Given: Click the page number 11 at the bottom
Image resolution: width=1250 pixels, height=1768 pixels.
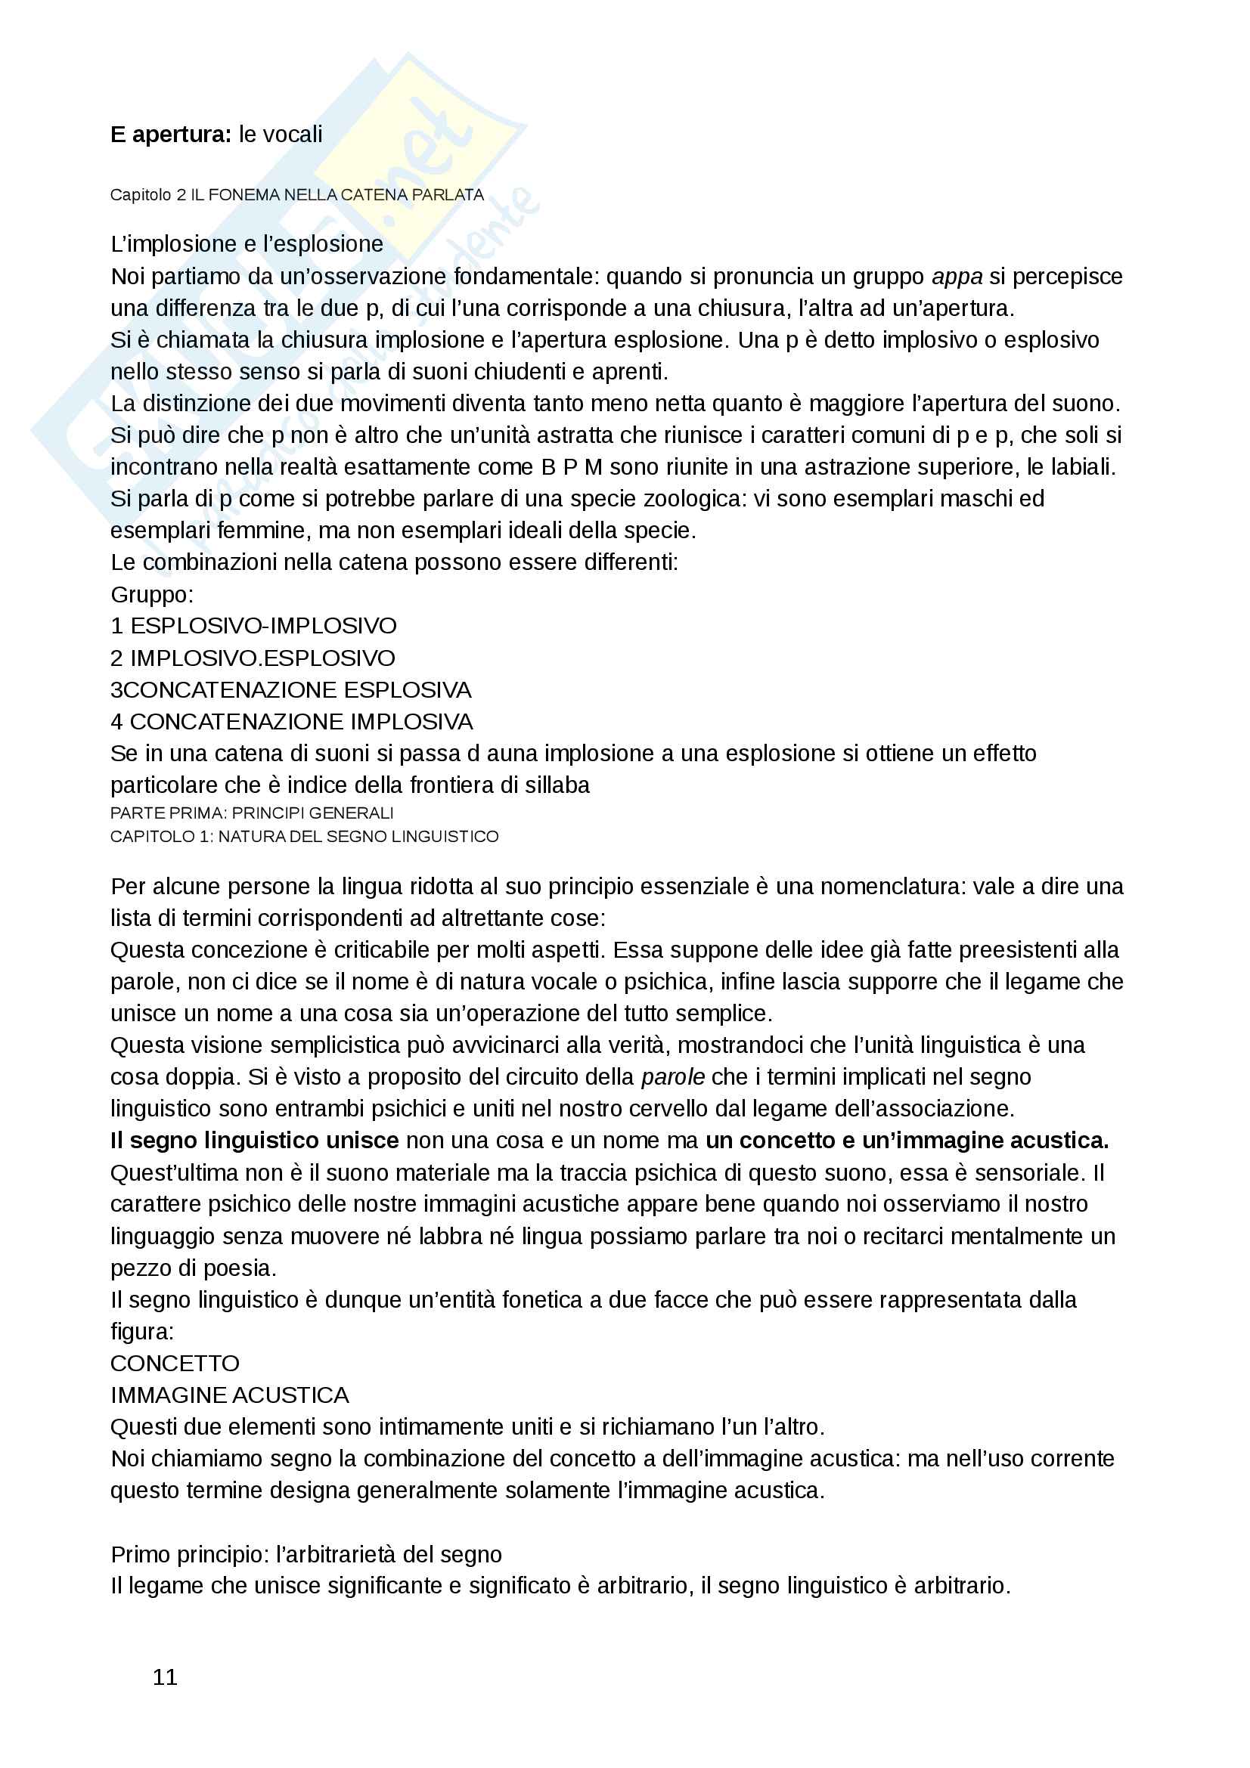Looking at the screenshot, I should [165, 1677].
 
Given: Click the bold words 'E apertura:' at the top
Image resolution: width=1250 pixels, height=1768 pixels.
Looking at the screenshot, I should [170, 135].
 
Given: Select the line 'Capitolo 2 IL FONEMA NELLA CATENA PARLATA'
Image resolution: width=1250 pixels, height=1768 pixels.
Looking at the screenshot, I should [296, 195].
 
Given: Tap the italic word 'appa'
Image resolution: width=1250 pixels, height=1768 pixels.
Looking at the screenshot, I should [957, 277].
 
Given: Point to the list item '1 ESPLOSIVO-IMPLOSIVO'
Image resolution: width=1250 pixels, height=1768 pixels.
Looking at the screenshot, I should [253, 626].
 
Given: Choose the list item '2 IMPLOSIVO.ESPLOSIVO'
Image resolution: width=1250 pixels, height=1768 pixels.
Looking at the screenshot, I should [253, 658].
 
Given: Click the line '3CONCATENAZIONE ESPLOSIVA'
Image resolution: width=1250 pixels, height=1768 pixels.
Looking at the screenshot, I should [290, 690].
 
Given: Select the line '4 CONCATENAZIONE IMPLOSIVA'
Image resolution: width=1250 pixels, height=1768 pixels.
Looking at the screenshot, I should [291, 722].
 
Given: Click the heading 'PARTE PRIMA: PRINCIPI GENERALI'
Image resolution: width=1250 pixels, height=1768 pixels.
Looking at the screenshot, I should [252, 813].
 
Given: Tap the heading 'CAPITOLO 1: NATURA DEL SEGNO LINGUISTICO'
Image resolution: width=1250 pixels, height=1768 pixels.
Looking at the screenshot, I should [304, 836].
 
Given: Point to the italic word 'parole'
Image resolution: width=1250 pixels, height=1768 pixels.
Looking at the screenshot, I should [672, 1077].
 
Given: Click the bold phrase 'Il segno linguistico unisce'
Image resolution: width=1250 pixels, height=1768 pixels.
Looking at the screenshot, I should [254, 1141].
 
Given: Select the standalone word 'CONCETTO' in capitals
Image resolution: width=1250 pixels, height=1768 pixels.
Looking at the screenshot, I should [175, 1364].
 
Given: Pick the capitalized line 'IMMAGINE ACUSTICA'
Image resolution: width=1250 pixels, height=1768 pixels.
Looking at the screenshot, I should [230, 1395].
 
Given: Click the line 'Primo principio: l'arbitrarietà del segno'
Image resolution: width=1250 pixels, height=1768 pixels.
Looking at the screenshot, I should [306, 1555].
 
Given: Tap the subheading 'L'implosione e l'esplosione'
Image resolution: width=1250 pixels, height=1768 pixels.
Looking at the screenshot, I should [247, 244].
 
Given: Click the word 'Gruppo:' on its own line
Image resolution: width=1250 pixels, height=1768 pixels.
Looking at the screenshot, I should [152, 594].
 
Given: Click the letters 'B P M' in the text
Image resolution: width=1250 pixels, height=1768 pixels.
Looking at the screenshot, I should [572, 467].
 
